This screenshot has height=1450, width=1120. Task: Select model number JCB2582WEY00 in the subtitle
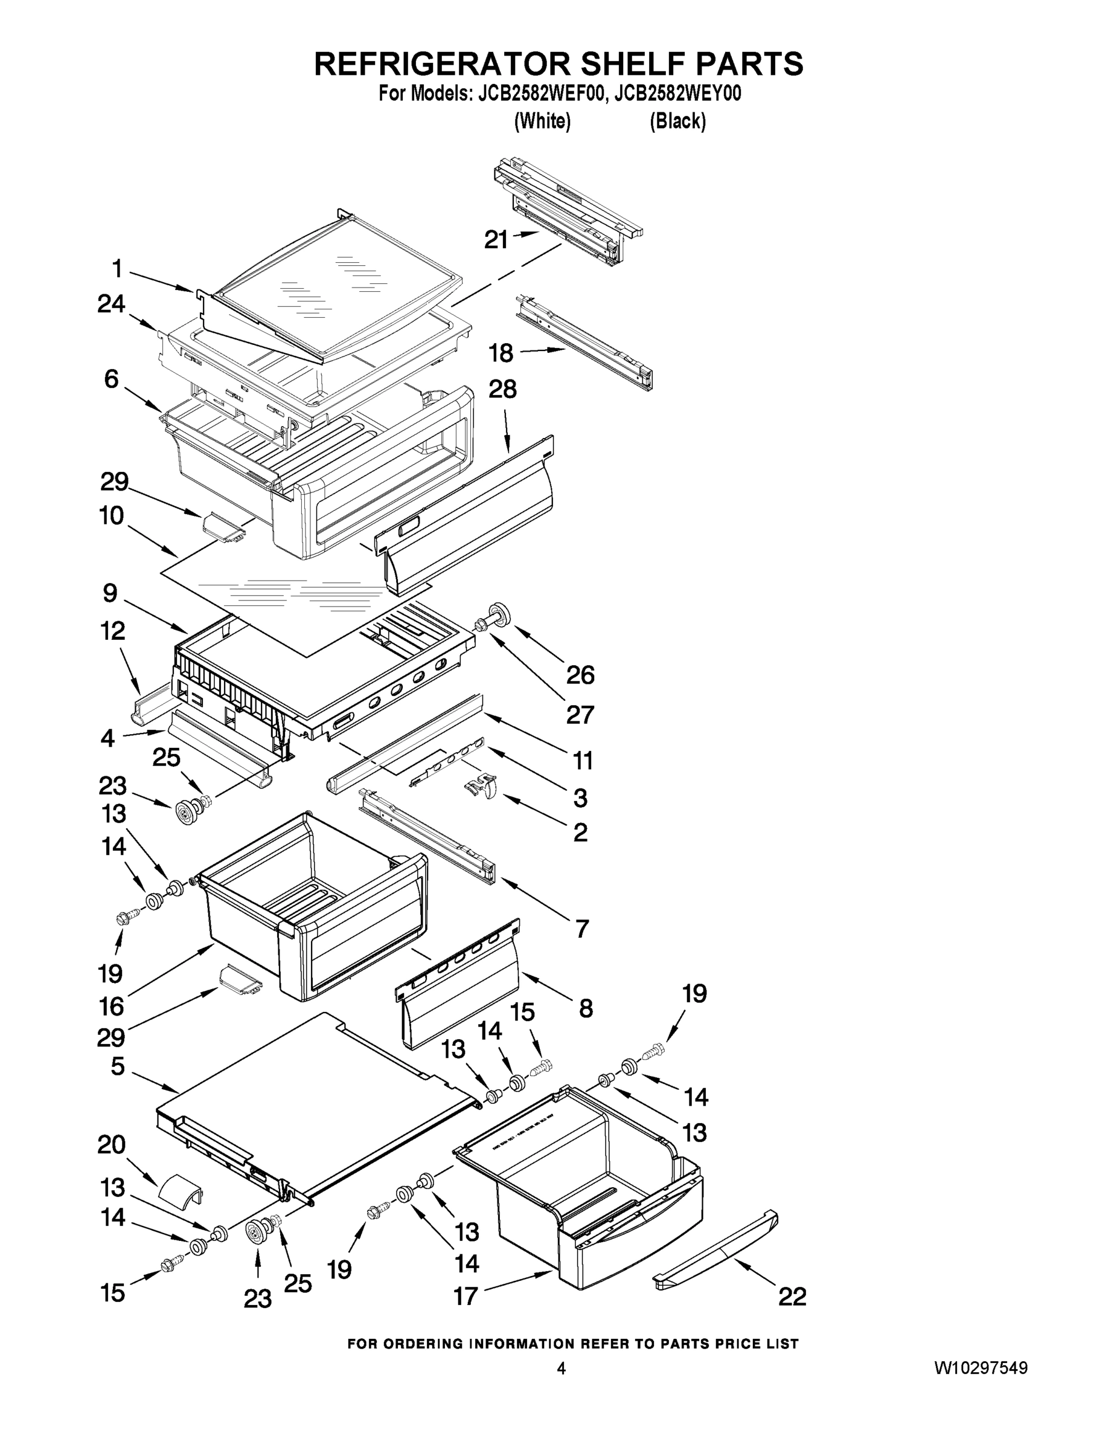pos(677,94)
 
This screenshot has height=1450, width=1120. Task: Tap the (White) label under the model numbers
pos(542,121)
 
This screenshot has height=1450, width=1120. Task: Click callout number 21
pos(496,240)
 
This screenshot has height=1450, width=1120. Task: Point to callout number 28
pos(502,390)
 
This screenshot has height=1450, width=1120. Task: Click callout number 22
pos(792,1296)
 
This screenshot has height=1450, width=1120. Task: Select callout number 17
pos(465,1295)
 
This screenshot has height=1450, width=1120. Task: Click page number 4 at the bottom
pos(561,1368)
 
